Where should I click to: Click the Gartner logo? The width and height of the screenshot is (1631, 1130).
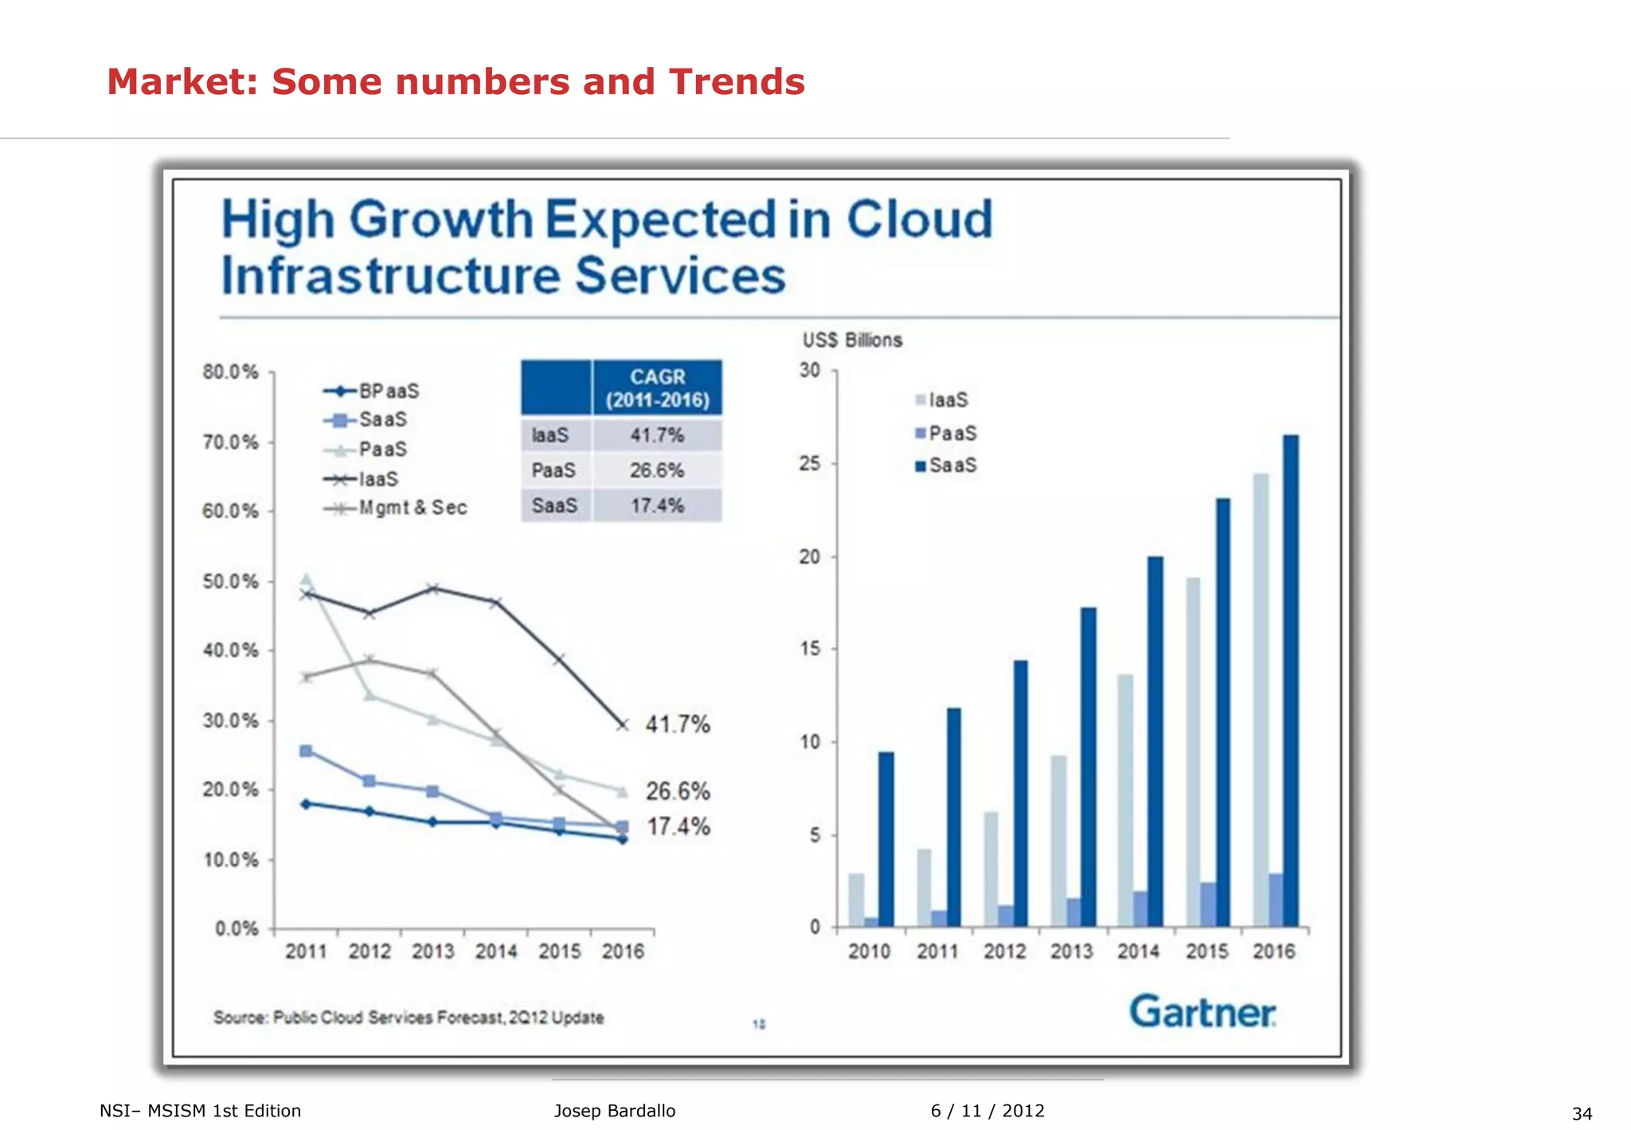[x=1203, y=1012]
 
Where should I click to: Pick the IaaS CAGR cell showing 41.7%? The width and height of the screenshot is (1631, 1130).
[x=657, y=435]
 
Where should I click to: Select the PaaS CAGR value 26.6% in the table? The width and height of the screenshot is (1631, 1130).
[x=657, y=470]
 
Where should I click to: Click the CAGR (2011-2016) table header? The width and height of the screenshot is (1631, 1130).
[x=657, y=388]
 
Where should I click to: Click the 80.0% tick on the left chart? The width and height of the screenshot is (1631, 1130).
[x=230, y=372]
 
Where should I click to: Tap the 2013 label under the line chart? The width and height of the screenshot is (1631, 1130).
[x=432, y=951]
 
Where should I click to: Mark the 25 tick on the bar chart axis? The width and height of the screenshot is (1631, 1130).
[x=810, y=464]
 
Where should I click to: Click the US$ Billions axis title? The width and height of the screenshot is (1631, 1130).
[x=852, y=340]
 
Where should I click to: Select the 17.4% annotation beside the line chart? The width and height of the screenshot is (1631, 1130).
[x=678, y=826]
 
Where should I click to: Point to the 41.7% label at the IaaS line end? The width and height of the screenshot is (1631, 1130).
[x=678, y=724]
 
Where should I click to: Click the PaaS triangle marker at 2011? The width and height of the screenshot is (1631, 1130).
[x=307, y=580]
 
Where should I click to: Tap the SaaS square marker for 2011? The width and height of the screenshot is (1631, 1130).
[x=306, y=751]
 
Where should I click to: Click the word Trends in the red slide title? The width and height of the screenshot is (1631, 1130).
[x=737, y=82]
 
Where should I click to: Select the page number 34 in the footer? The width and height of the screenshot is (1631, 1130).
[x=1582, y=1113]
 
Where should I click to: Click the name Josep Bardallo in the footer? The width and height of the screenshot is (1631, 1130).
[x=615, y=1111]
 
